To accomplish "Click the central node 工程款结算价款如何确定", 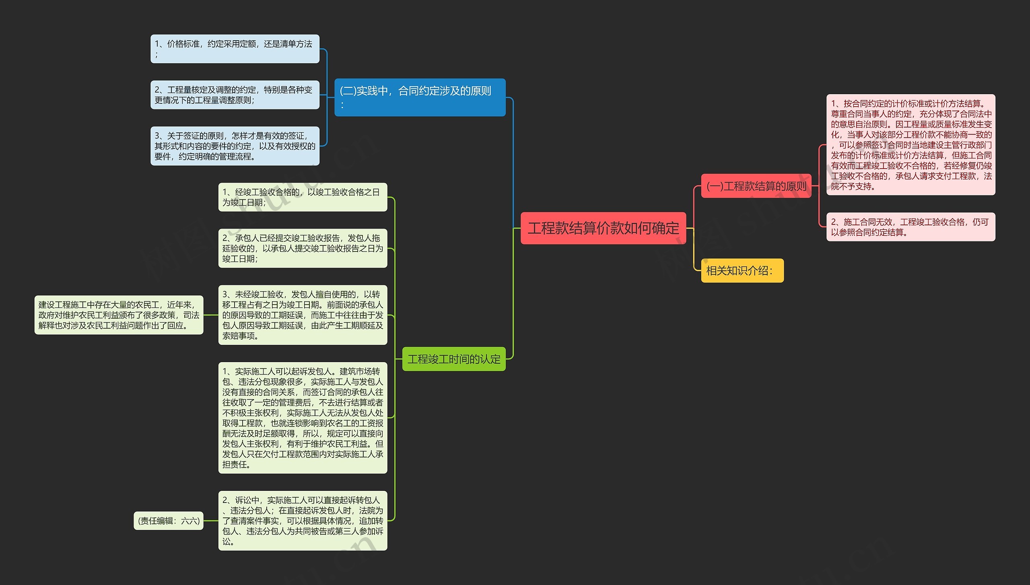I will click(x=603, y=228).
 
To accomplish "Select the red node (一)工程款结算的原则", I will click(x=756, y=186).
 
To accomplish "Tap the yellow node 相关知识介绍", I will click(x=742, y=270).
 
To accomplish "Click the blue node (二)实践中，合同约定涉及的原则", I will click(x=420, y=97).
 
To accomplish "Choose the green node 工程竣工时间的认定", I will click(x=453, y=358).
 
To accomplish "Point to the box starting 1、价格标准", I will click(x=235, y=49).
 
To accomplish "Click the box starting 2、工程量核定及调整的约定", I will click(x=235, y=95).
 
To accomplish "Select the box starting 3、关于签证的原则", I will click(x=235, y=146).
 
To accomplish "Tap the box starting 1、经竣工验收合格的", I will click(x=303, y=197).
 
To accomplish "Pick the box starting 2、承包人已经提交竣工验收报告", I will click(x=303, y=248).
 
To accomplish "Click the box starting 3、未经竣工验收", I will click(x=303, y=315).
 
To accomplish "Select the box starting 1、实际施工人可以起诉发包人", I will click(x=303, y=418).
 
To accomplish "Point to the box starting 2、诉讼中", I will click(x=303, y=521).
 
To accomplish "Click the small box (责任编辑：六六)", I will click(x=169, y=521).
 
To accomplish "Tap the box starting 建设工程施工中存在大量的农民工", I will click(x=119, y=315).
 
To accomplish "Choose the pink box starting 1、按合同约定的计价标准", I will click(x=911, y=145).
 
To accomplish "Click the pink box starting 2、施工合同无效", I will click(x=911, y=227).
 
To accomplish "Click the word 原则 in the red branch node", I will click(x=796, y=186).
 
